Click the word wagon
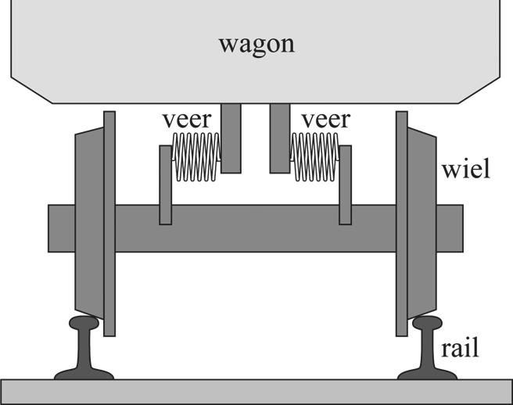(256, 42)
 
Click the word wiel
(465, 170)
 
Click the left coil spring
(196, 157)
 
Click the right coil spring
(315, 157)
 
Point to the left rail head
(84, 324)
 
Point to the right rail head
(428, 324)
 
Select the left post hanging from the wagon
(231, 138)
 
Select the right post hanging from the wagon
(280, 138)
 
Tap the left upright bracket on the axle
(165, 185)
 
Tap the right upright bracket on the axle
(345, 185)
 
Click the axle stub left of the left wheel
(61, 228)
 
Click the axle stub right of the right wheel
(450, 228)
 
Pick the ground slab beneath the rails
(256, 391)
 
